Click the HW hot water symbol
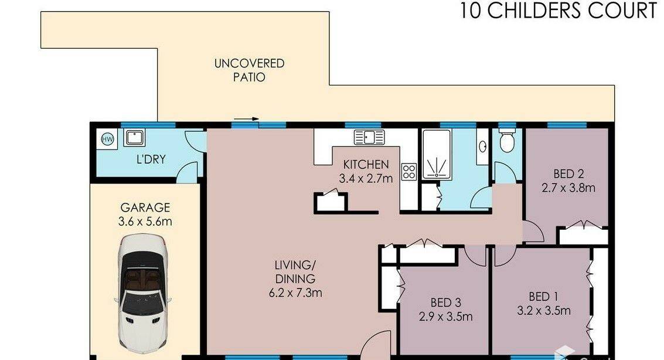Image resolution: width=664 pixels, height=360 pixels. (107, 139)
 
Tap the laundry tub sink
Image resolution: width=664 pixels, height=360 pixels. (134, 138)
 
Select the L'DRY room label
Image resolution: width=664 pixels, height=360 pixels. (151, 159)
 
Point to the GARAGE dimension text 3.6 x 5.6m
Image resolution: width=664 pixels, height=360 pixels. (145, 222)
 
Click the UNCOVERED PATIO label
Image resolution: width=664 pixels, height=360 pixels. (249, 70)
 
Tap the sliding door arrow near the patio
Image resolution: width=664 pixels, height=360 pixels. (246, 119)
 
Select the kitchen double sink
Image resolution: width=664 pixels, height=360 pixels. (369, 137)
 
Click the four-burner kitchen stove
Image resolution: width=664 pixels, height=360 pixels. (409, 172)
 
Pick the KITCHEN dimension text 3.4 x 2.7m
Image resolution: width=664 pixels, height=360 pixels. (366, 178)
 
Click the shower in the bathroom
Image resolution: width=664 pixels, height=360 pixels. (437, 154)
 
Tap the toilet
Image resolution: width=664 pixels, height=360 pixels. (507, 141)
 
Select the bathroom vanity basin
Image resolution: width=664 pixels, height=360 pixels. (482, 147)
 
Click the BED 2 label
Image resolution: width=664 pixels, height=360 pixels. (568, 174)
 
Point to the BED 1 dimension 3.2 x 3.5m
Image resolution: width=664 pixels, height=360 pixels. (544, 310)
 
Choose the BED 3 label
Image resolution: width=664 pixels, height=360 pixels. (446, 303)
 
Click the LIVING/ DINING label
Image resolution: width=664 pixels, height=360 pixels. (295, 272)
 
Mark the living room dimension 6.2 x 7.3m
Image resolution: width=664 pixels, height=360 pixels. (295, 292)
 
